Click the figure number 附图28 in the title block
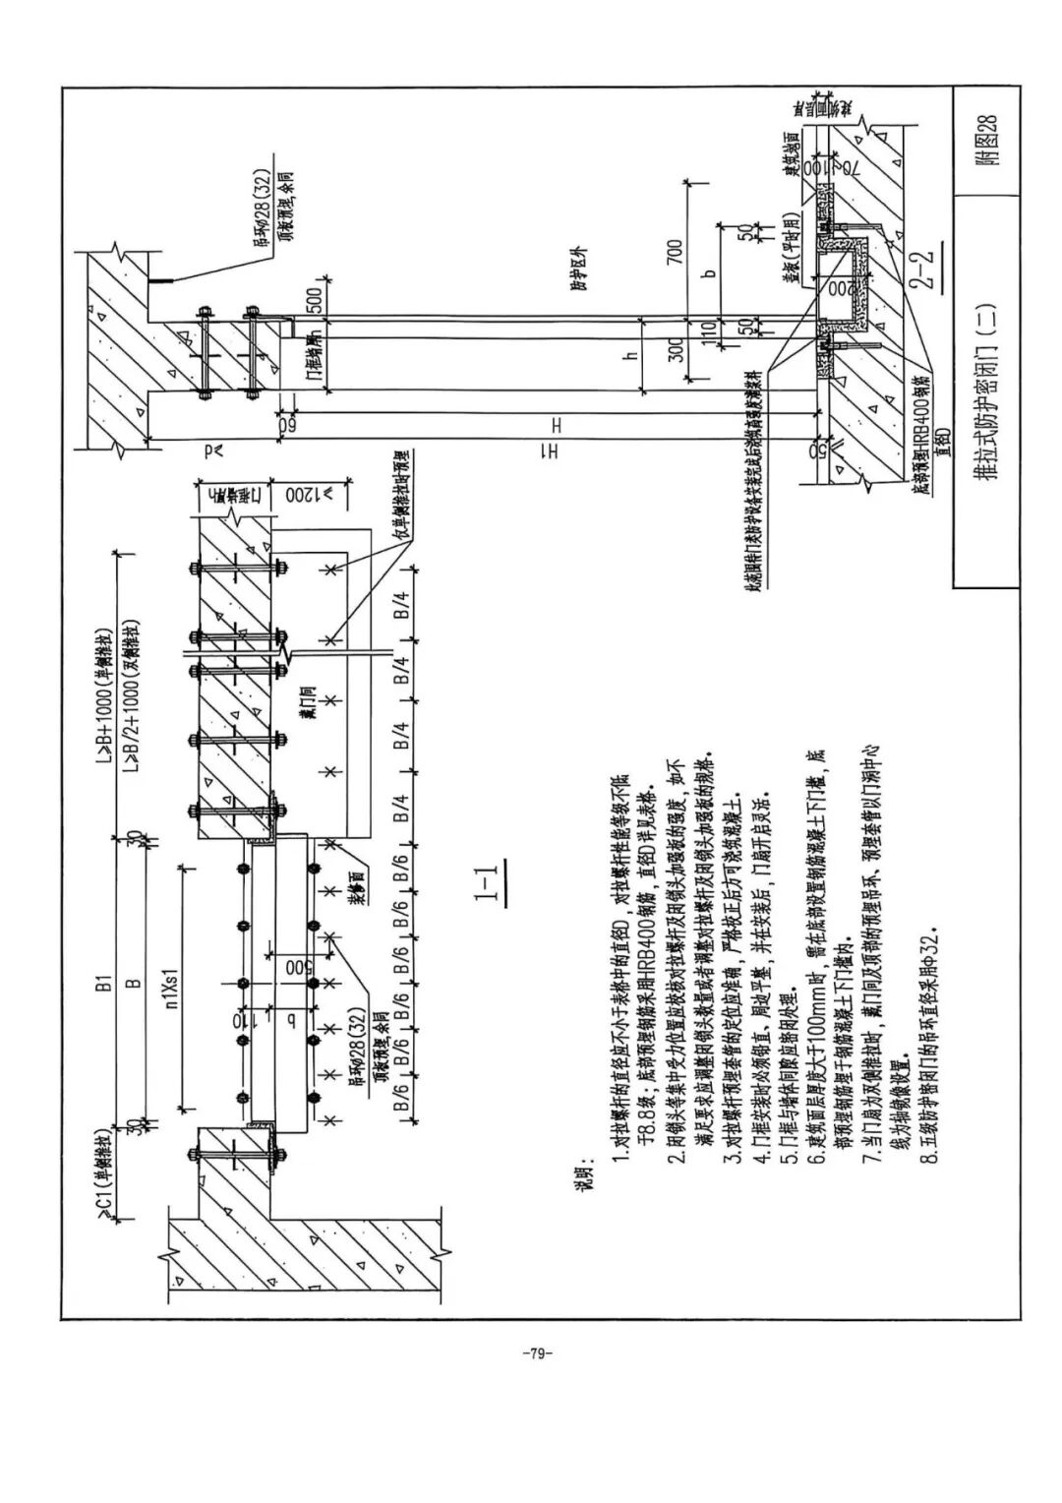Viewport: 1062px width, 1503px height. point(986,142)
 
